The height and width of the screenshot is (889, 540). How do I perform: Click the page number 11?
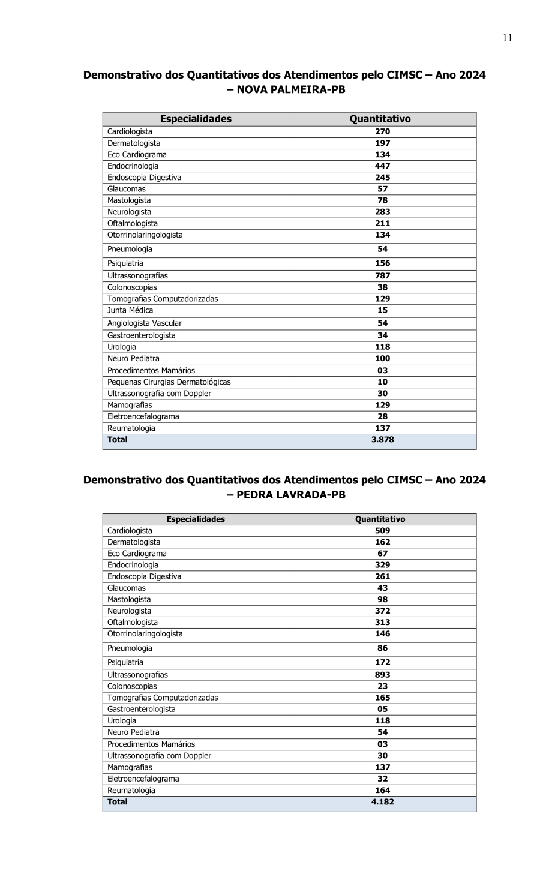[x=507, y=38]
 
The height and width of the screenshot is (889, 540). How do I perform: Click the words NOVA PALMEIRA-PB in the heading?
[x=291, y=90]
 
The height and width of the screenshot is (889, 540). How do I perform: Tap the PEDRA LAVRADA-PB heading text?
[x=291, y=495]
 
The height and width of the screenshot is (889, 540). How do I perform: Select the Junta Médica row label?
[x=130, y=310]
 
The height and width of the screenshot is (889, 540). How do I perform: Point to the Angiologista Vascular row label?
[x=145, y=323]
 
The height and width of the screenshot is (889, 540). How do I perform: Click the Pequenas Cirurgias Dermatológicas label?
[x=169, y=382]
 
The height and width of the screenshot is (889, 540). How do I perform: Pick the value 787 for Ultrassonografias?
[x=382, y=275]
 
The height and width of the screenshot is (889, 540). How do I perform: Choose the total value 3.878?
[x=382, y=440]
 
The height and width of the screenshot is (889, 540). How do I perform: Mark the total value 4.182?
[x=382, y=802]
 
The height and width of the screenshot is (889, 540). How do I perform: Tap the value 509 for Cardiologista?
[x=382, y=530]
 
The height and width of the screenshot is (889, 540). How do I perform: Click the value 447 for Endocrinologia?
[x=382, y=166]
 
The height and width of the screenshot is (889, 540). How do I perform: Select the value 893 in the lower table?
[x=382, y=675]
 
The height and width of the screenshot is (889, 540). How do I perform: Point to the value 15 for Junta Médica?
[x=382, y=310]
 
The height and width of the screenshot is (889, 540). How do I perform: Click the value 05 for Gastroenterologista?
[x=382, y=709]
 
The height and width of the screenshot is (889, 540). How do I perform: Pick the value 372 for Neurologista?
[x=382, y=611]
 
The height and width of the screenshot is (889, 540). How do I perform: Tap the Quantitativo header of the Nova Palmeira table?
[x=380, y=119]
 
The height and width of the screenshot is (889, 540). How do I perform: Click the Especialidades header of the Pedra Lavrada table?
[x=196, y=519]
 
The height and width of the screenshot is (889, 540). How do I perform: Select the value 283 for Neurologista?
[x=382, y=212]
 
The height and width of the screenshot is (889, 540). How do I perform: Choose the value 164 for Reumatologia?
[x=382, y=790]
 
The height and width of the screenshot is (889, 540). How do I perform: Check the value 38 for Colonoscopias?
[x=382, y=287]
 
